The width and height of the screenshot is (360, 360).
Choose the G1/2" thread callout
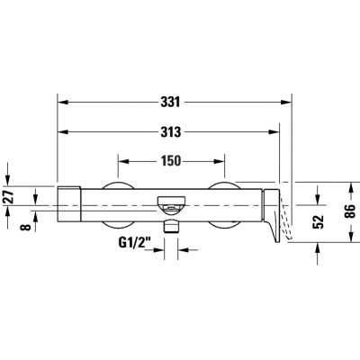pyautogui.click(x=134, y=243)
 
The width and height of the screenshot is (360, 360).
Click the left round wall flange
pyautogui.click(x=118, y=205)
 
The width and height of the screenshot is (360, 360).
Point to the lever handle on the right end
pyautogui.click(x=274, y=216)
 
